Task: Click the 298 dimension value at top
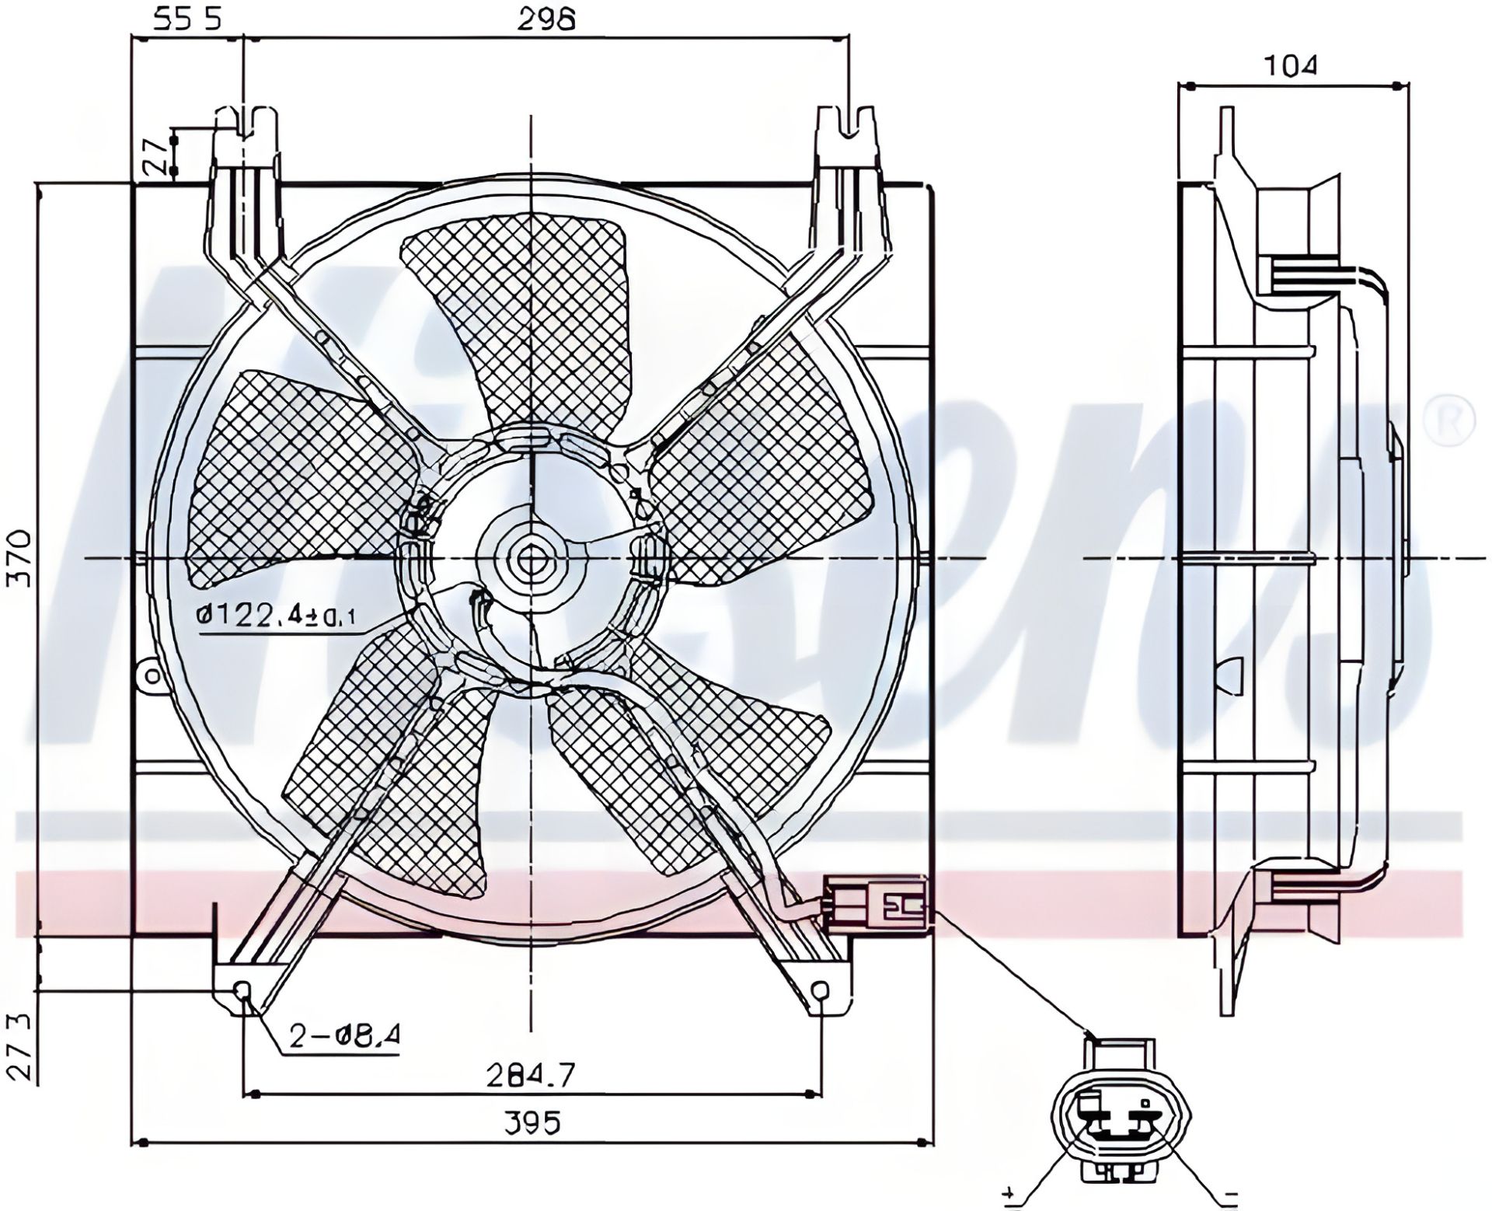pos(558,19)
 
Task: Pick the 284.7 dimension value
pos(531,1075)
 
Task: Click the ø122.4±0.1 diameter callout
pos(277,616)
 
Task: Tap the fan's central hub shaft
pos(532,559)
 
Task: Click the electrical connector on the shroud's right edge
pos(877,903)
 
